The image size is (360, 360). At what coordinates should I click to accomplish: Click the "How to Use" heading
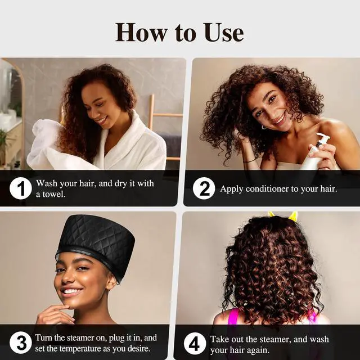179,32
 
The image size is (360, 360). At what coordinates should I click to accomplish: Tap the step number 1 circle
20,188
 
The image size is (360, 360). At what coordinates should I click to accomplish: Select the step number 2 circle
204,188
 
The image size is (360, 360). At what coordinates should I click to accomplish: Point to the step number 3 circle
20,343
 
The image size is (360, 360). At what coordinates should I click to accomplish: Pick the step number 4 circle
195,343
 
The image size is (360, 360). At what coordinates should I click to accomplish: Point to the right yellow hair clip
293,217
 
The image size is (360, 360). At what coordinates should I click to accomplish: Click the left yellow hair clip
272,214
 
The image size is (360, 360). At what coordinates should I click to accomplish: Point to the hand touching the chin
53,312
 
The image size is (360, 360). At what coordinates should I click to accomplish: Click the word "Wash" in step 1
48,183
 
